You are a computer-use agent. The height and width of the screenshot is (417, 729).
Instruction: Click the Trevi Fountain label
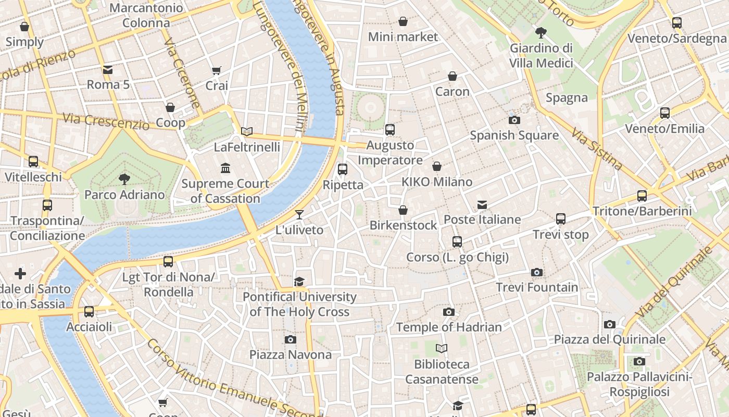click(x=537, y=287)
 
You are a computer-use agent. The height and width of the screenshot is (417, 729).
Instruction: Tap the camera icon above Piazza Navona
click(x=291, y=340)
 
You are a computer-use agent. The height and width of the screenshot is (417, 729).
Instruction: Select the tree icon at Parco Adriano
click(x=124, y=179)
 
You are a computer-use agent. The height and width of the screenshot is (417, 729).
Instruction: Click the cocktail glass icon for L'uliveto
click(x=299, y=214)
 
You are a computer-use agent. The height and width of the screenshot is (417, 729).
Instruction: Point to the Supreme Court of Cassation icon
click(x=225, y=168)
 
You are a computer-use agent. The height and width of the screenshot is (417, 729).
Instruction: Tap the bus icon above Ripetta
click(x=342, y=169)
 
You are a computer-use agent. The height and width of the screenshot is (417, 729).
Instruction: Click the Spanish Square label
click(x=514, y=136)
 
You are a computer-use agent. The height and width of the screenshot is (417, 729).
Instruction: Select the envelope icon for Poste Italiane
click(x=482, y=205)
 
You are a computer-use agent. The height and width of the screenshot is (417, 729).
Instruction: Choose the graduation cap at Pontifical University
click(x=299, y=282)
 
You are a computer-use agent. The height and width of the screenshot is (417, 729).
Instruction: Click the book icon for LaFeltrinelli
click(x=247, y=132)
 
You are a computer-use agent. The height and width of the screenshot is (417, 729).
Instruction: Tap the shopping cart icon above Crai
click(x=217, y=70)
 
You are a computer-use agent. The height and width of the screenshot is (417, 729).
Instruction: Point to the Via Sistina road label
click(x=597, y=150)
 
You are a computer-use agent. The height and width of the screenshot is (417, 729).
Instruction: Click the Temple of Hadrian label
click(x=449, y=327)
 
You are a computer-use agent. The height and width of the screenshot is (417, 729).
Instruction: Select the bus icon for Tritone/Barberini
click(x=642, y=196)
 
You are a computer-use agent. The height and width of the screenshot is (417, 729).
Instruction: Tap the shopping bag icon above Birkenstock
click(x=403, y=210)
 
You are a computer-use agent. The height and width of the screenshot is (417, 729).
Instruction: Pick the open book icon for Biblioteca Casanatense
click(x=442, y=348)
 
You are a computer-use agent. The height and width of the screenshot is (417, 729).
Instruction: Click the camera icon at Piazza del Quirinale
click(x=609, y=325)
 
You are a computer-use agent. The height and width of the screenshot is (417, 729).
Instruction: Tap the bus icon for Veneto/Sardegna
click(x=676, y=23)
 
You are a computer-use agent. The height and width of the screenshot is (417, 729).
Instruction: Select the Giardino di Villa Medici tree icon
click(x=541, y=33)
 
